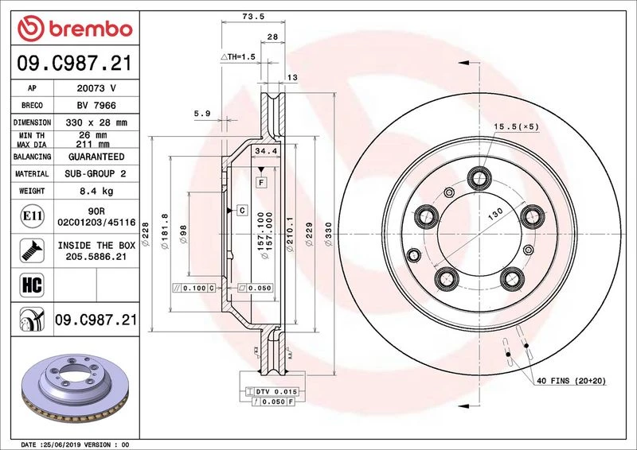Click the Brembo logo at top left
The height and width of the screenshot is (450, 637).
[x=75, y=29]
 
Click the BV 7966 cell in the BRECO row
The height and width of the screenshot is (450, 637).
[x=96, y=106]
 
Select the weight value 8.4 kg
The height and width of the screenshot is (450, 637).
[x=96, y=191]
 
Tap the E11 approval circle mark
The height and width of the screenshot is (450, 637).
[x=32, y=216]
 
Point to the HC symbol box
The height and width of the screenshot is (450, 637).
[x=32, y=285]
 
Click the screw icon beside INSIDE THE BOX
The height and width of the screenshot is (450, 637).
[x=32, y=250]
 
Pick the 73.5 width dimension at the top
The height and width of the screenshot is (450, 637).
[x=253, y=17]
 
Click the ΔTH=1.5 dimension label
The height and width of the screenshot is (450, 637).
[x=238, y=56]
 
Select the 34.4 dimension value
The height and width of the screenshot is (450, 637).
[x=266, y=151]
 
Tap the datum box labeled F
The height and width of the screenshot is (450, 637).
[x=261, y=183]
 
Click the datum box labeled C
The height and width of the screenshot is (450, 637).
[x=242, y=210]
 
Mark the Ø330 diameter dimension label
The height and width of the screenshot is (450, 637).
[x=328, y=234]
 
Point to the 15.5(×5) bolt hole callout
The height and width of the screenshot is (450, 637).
[x=516, y=126]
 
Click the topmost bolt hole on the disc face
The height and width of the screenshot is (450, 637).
[x=479, y=178]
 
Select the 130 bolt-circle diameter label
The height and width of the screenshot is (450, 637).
[x=495, y=213]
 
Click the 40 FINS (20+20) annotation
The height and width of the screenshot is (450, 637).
[x=571, y=381]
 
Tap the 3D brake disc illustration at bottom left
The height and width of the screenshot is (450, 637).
[x=75, y=388]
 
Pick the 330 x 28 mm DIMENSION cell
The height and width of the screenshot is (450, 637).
[x=96, y=122]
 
